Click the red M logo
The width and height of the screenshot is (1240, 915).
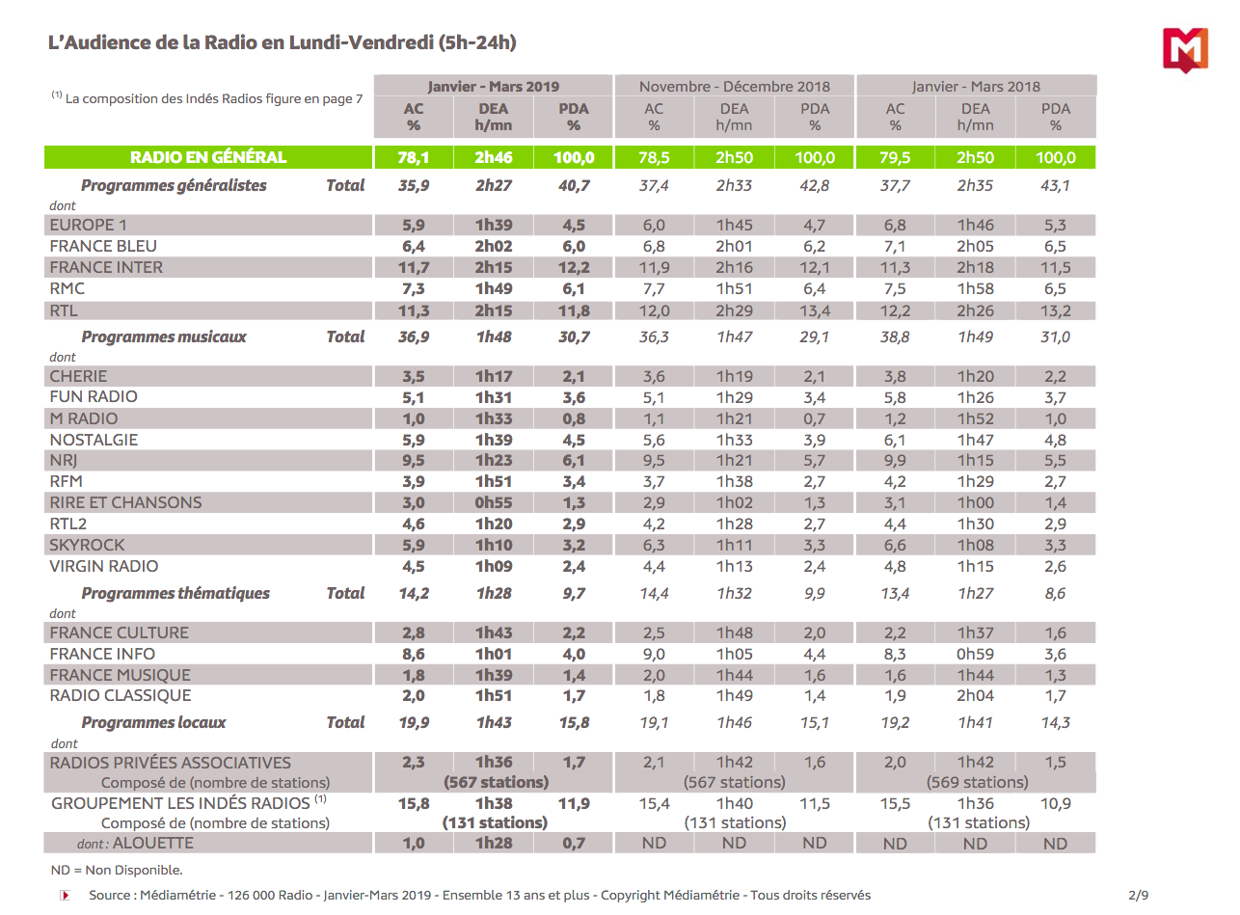(x=1186, y=49)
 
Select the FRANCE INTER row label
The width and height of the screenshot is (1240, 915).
(x=106, y=267)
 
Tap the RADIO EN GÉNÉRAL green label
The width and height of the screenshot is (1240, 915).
(x=208, y=157)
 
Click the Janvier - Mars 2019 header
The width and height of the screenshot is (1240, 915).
(x=493, y=86)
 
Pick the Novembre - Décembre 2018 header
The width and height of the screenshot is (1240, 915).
(x=734, y=86)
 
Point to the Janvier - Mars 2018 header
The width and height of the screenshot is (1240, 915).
(x=976, y=86)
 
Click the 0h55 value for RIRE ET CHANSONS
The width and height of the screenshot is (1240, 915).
(x=493, y=502)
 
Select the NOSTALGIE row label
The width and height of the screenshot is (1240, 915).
(x=94, y=440)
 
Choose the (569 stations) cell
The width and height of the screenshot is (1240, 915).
(x=977, y=782)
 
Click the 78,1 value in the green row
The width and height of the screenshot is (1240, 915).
(x=414, y=157)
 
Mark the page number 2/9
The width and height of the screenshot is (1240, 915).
(x=1139, y=895)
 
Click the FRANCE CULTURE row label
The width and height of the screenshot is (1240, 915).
(x=119, y=632)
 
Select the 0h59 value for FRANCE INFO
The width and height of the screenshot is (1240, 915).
(x=976, y=654)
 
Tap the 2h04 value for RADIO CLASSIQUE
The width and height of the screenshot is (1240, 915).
(x=976, y=695)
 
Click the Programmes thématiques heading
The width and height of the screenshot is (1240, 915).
(x=175, y=593)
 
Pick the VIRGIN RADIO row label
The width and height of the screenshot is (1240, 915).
(x=104, y=566)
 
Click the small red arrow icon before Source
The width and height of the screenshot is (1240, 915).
(x=66, y=895)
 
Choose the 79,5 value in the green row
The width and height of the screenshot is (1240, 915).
(x=896, y=157)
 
